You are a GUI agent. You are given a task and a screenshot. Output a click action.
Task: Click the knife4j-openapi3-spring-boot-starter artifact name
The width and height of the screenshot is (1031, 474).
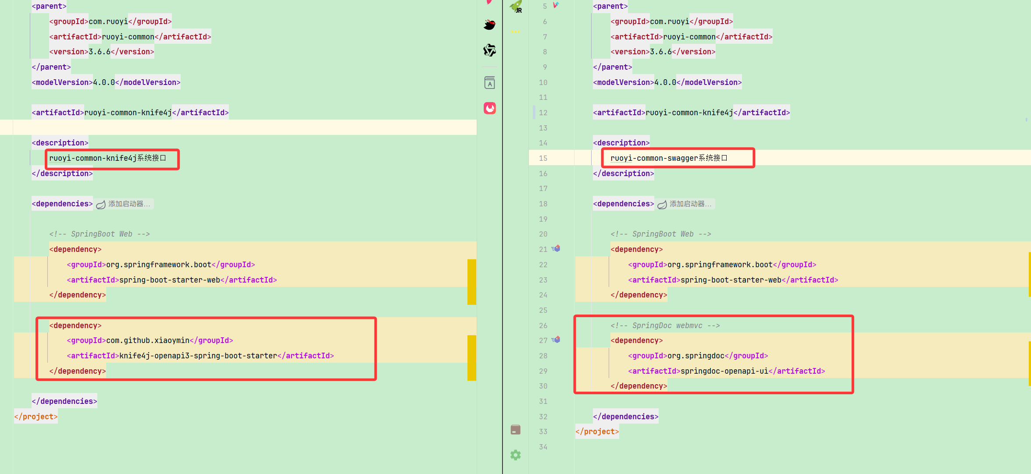198,356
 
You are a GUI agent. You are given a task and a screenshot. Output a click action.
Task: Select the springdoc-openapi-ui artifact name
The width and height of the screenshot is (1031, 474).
724,371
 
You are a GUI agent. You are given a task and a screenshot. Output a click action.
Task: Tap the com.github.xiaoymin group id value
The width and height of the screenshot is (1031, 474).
148,340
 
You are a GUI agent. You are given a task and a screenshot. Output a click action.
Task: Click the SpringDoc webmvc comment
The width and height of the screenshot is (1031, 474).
665,325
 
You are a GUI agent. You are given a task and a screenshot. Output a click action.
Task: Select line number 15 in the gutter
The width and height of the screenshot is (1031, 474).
543,158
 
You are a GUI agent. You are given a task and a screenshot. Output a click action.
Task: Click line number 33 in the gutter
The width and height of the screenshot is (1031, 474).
543,432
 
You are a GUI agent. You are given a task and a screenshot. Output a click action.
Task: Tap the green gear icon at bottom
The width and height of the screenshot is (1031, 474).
516,455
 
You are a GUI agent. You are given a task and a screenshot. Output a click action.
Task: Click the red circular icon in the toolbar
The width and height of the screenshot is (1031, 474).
490,108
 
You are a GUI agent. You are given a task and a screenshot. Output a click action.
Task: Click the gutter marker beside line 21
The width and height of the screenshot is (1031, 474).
556,248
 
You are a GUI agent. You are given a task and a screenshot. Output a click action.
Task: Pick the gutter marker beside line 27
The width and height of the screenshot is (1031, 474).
556,340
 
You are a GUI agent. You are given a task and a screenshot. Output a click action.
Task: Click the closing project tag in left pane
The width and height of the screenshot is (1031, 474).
36,417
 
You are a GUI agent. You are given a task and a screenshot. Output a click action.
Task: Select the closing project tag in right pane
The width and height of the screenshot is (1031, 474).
597,432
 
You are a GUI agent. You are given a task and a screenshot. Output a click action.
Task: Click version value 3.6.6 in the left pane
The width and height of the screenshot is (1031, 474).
100,52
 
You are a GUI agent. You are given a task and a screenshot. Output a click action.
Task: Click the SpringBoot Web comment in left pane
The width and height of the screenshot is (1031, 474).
100,234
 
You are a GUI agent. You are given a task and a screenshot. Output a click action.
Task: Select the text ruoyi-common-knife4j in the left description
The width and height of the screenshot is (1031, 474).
93,158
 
